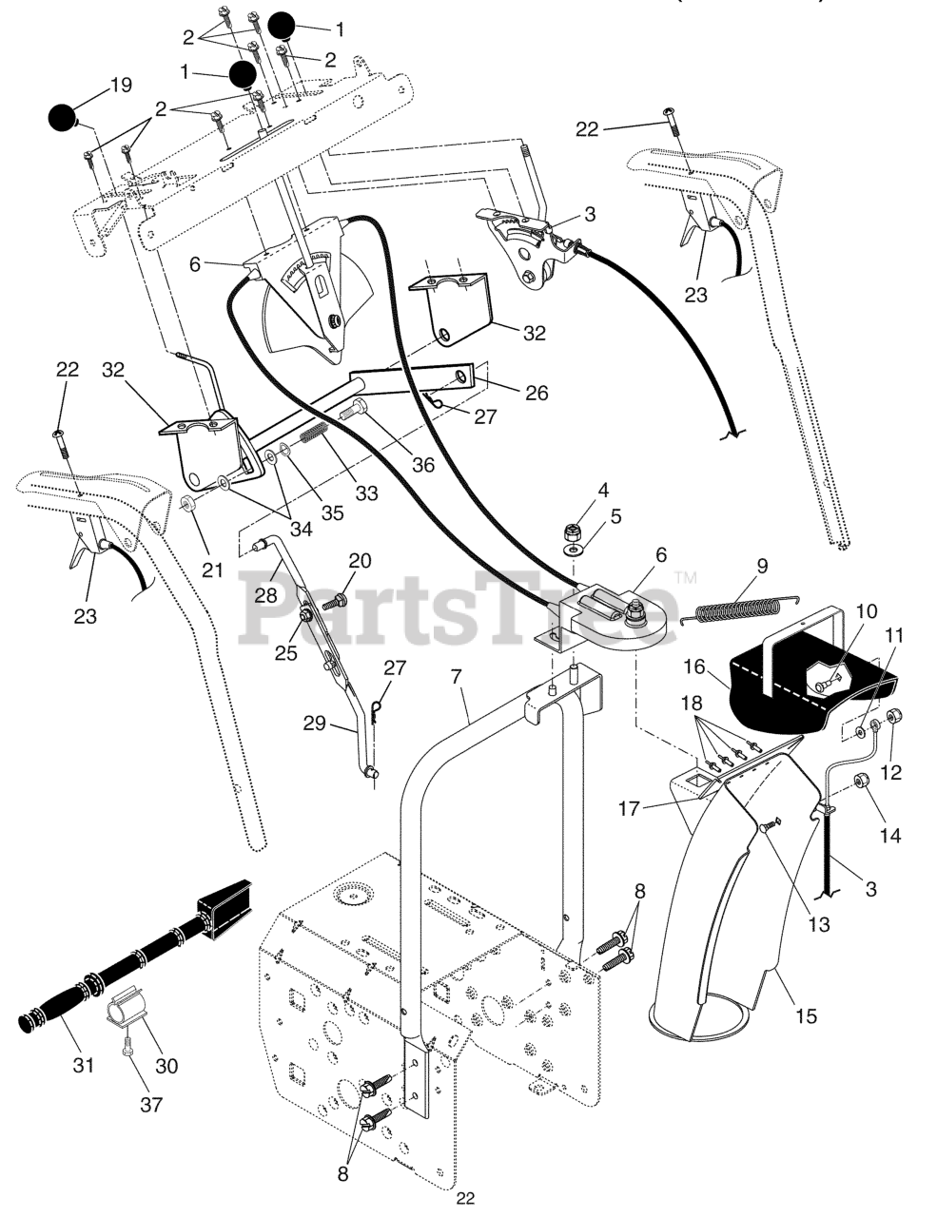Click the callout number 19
click(121, 86)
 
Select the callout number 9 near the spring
click(762, 566)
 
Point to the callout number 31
click(84, 1065)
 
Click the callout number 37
click(150, 1104)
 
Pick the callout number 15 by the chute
click(806, 1015)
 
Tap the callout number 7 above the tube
click(456, 678)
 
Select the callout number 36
click(422, 465)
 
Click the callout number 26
click(537, 392)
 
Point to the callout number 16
click(694, 666)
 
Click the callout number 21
click(211, 570)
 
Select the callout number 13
click(819, 923)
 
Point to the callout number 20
click(360, 560)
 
